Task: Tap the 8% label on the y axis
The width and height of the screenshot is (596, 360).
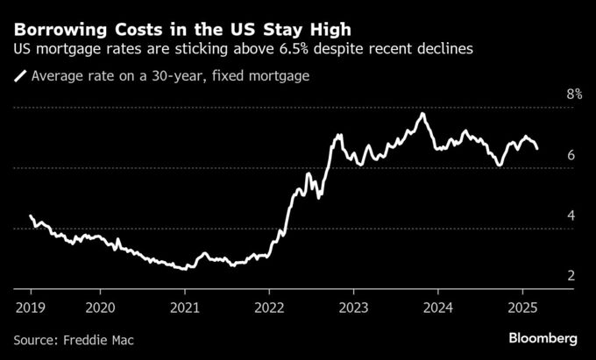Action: click(x=574, y=94)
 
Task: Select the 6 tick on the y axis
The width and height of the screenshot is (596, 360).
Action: click(x=571, y=155)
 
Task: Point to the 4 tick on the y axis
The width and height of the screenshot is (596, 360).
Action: click(x=571, y=215)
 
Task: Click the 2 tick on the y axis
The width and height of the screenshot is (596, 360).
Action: click(x=571, y=276)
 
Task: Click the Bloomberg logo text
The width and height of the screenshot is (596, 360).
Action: click(x=543, y=337)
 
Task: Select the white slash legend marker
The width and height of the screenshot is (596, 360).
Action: click(x=20, y=76)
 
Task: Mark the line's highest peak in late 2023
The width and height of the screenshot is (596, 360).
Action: click(x=423, y=114)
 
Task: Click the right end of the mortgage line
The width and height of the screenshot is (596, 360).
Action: click(x=537, y=148)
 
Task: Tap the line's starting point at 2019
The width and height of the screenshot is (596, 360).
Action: click(x=31, y=216)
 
